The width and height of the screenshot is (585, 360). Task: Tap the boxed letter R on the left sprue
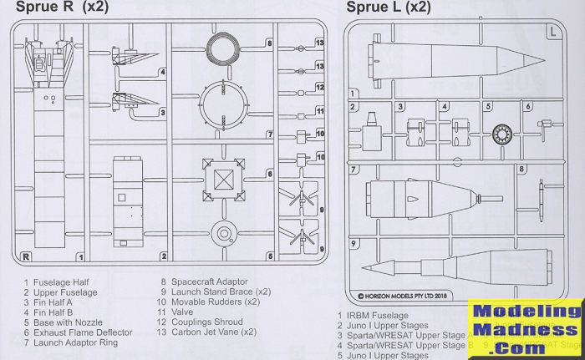[x=26, y=256]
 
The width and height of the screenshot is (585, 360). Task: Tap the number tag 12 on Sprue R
[x=319, y=87]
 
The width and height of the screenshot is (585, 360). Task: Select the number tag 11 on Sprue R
[x=319, y=110]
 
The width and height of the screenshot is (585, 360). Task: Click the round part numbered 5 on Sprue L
[x=501, y=131]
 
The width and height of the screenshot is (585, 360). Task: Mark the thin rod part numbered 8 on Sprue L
[x=542, y=195]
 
